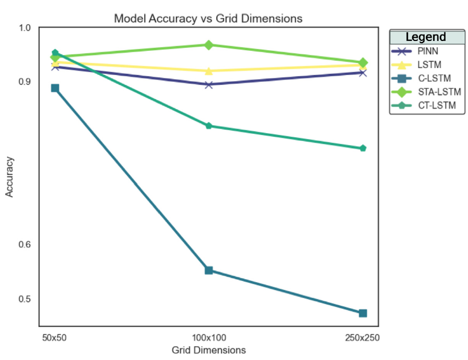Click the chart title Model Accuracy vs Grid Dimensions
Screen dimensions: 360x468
(x=208, y=18)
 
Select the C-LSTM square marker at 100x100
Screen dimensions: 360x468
(x=209, y=270)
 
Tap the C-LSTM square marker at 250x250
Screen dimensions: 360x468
(x=363, y=313)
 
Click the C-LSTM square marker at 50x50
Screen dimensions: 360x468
(x=55, y=88)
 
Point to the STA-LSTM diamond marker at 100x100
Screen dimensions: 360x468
(x=209, y=44)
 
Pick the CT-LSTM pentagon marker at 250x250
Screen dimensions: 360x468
(x=363, y=148)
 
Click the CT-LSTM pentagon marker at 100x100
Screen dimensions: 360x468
(x=209, y=126)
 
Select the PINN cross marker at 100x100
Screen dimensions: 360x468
(x=209, y=85)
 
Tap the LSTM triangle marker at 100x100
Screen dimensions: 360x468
(x=209, y=71)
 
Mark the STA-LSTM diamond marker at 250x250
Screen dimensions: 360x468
(x=363, y=62)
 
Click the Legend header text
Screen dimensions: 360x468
(x=426, y=37)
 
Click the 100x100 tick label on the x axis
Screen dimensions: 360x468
(x=209, y=337)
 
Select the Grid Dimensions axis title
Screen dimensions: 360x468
(x=209, y=350)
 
